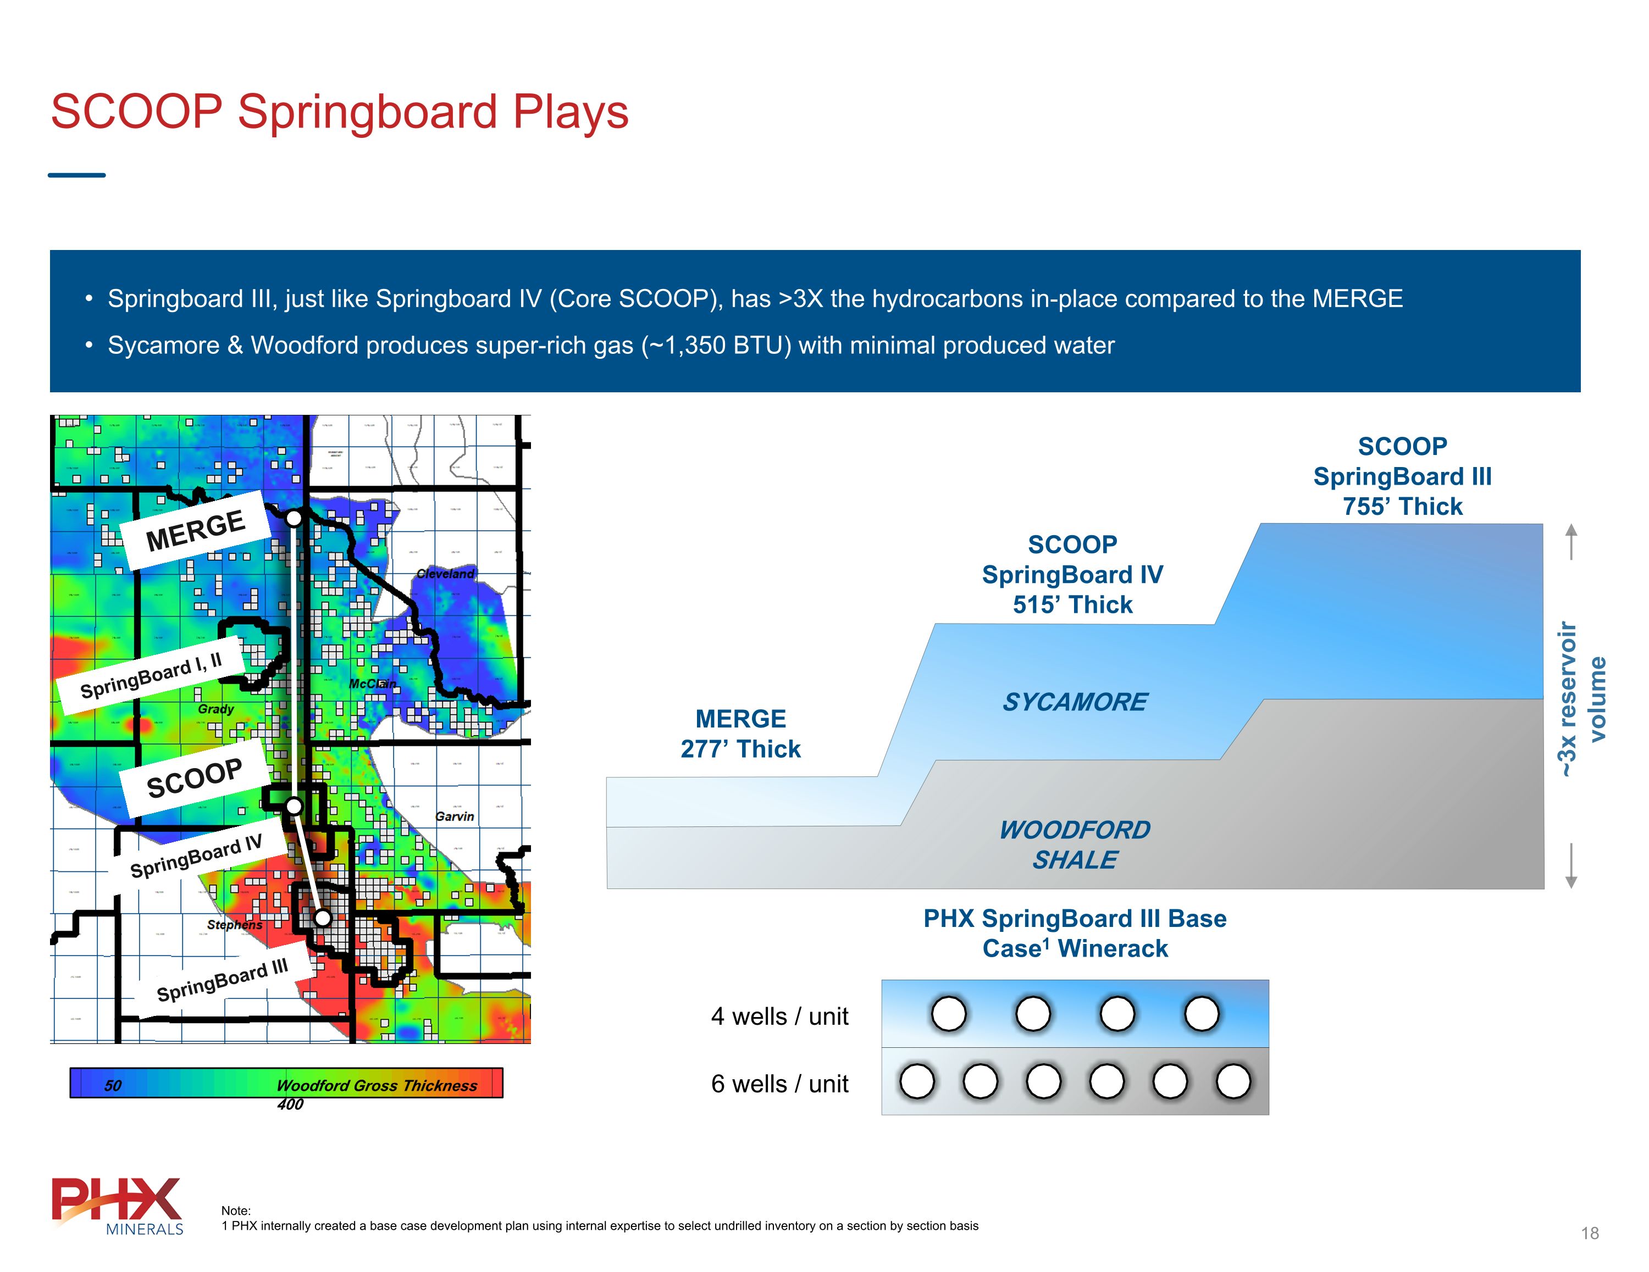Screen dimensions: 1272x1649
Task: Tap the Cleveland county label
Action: pyautogui.click(x=445, y=574)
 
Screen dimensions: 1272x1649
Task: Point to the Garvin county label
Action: pyautogui.click(x=455, y=816)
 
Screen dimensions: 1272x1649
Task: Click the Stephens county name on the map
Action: pyautogui.click(x=235, y=925)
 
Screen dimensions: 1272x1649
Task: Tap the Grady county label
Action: pyautogui.click(x=216, y=709)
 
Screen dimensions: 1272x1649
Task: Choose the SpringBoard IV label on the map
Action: pyautogui.click(x=196, y=856)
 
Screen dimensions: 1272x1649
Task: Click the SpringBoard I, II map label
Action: pyautogui.click(x=151, y=676)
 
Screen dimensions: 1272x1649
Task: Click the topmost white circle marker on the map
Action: pyautogui.click(x=294, y=518)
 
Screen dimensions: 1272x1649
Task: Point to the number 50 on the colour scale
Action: pyautogui.click(x=113, y=1086)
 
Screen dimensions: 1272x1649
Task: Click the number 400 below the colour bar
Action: pyautogui.click(x=290, y=1104)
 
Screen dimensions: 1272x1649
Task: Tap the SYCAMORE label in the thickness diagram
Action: pyautogui.click(x=1075, y=702)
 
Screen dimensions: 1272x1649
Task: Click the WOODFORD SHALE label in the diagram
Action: pyautogui.click(x=1075, y=845)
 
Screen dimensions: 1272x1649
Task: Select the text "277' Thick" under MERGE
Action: pyautogui.click(x=740, y=749)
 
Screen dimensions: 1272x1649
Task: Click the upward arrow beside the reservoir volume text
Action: pyautogui.click(x=1571, y=541)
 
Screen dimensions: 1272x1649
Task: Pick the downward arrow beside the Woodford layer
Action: pyautogui.click(x=1571, y=866)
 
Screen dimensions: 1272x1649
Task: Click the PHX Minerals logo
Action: pyautogui.click(x=117, y=1206)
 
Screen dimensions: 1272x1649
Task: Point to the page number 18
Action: pyautogui.click(x=1589, y=1234)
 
